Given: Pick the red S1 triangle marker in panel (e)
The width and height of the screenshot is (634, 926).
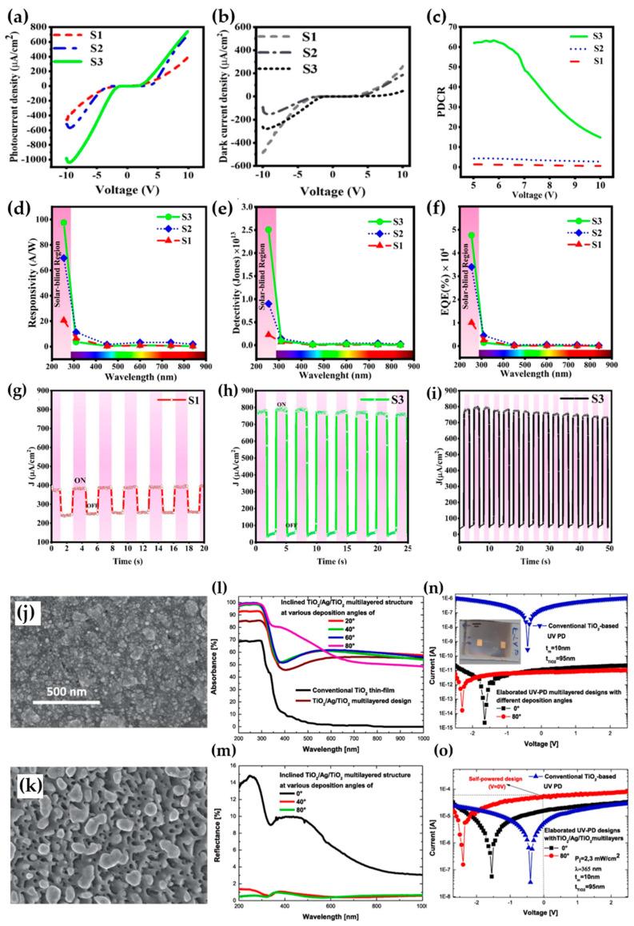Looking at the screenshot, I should pos(269,335).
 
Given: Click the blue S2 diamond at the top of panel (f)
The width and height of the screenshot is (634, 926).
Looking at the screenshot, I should pos(473,267).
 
